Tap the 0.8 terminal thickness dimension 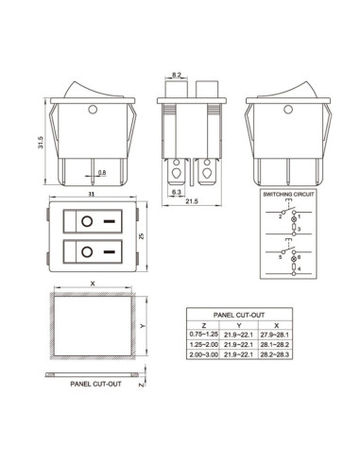(x=101, y=172)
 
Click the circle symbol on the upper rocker (x=85, y=223)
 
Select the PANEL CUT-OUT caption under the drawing (x=95, y=385)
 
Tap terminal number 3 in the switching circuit (x=298, y=229)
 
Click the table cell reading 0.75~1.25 (x=204, y=333)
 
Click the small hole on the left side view (x=93, y=112)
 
